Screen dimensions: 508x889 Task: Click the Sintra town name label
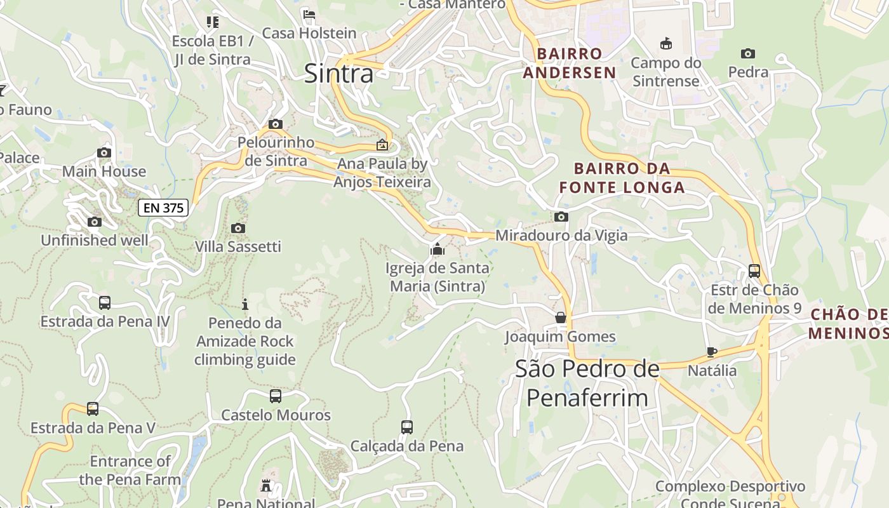(x=339, y=74)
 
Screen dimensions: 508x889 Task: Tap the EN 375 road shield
(x=163, y=208)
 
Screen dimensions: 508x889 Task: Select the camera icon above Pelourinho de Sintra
(x=276, y=124)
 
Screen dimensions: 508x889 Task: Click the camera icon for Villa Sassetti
(x=238, y=228)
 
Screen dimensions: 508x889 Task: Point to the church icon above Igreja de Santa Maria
(x=437, y=250)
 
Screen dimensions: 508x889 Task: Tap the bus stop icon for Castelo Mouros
(x=276, y=396)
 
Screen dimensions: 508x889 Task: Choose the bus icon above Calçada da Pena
(x=407, y=427)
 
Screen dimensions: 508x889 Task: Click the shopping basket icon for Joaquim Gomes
(x=560, y=317)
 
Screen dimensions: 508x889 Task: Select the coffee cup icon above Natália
(x=712, y=352)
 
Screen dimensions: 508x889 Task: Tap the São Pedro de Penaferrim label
(x=587, y=383)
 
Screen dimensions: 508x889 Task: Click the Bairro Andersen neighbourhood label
(x=570, y=63)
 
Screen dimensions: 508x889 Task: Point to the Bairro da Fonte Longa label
(x=622, y=178)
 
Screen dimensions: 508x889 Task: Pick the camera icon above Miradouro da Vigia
(x=561, y=217)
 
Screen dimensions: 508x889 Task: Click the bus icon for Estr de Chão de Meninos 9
(x=754, y=271)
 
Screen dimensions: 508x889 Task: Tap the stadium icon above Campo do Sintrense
(x=665, y=44)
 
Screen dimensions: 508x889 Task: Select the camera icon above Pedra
(x=748, y=54)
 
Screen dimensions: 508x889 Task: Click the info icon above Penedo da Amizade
(x=245, y=304)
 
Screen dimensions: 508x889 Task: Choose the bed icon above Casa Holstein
(x=309, y=15)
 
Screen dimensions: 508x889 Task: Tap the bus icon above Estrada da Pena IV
(x=105, y=303)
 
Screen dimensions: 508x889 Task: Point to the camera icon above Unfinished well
(x=95, y=222)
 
